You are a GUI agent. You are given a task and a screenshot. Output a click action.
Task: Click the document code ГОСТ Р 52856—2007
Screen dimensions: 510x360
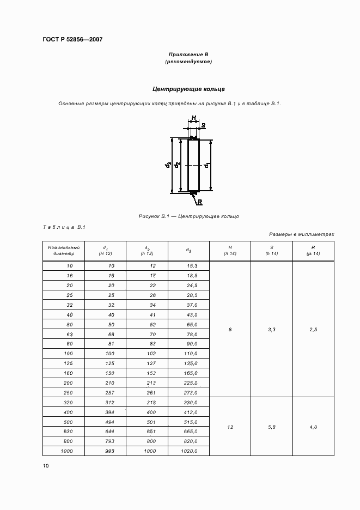click(x=72, y=39)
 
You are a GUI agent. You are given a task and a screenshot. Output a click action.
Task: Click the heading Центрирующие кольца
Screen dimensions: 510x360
click(x=188, y=89)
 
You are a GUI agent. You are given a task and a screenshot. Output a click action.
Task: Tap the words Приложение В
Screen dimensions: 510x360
click(x=188, y=54)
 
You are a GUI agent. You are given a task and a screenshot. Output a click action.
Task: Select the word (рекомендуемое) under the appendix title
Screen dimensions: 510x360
click(x=188, y=62)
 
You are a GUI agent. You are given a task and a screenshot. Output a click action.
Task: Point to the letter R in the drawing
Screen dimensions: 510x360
click(x=200, y=202)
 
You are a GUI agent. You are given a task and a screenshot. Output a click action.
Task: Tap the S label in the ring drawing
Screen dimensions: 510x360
click(x=203, y=126)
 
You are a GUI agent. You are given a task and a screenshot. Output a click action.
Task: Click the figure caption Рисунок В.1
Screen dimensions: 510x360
click(x=188, y=216)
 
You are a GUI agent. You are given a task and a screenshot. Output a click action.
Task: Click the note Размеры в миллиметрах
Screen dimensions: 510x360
click(x=302, y=234)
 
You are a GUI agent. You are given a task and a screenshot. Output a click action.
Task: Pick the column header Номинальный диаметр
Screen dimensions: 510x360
click(x=64, y=250)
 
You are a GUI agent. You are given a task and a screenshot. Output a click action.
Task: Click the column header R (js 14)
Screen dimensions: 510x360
click(x=313, y=250)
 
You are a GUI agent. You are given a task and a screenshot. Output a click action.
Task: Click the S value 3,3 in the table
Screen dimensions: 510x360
click(x=272, y=329)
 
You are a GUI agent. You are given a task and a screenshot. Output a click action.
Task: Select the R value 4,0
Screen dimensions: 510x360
click(x=313, y=427)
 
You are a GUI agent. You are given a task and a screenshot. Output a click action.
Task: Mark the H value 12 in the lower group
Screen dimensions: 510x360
click(x=230, y=427)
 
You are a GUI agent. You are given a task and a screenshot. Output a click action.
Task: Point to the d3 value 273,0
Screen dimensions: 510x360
click(x=189, y=393)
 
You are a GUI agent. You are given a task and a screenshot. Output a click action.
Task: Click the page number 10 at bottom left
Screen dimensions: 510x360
click(x=46, y=466)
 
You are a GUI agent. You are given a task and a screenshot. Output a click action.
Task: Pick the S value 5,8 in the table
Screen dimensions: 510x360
click(x=272, y=427)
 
